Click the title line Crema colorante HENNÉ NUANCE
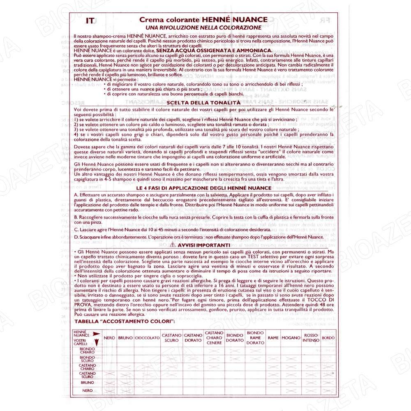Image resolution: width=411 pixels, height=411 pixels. [x=203, y=20]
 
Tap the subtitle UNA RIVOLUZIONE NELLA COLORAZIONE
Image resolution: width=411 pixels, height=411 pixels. [x=203, y=27]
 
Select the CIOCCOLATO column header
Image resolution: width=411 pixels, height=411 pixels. [x=147, y=338]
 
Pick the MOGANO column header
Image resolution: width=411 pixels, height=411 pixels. [x=291, y=338]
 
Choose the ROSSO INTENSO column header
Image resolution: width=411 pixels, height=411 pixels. [x=311, y=338]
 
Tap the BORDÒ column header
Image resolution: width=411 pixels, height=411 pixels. [x=328, y=338]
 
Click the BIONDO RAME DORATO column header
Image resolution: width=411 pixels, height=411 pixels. [x=256, y=338]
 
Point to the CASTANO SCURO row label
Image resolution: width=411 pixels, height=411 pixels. [x=88, y=375]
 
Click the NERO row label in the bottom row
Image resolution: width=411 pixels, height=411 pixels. [x=88, y=390]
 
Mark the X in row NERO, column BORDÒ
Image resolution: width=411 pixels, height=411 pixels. [x=328, y=390]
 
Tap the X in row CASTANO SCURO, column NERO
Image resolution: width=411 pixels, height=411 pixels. [x=109, y=375]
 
